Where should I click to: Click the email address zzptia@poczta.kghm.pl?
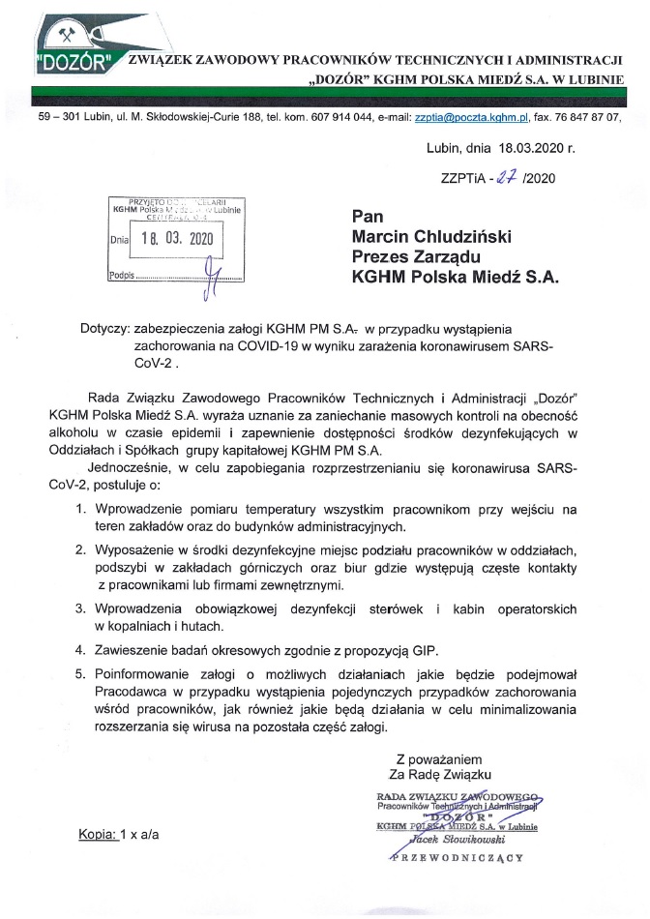coord(470,116)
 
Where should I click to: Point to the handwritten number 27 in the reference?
coord(503,176)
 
